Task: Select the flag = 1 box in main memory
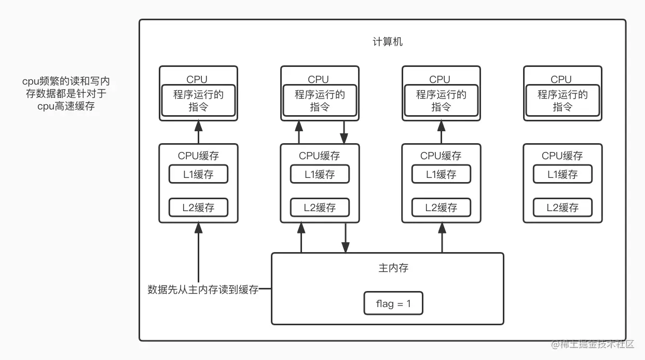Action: pos(393,303)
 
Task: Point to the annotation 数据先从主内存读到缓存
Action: pos(203,290)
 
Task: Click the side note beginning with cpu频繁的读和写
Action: pos(66,94)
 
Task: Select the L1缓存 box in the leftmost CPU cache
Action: pos(198,175)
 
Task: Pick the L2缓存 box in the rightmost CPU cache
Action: pos(562,208)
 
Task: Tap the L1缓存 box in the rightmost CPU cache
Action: pos(562,175)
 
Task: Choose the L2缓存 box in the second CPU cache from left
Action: pos(320,208)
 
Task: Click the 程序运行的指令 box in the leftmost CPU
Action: pos(198,101)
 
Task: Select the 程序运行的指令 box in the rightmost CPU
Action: pos(562,101)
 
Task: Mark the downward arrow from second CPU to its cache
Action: pos(344,132)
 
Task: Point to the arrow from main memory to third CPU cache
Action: pos(442,238)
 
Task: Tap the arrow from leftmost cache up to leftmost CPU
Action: pos(198,132)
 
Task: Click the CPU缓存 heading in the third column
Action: pos(441,156)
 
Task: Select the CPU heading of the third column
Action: pos(440,79)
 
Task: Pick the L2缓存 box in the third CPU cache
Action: pos(441,208)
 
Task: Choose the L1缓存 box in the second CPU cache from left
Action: pos(320,175)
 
